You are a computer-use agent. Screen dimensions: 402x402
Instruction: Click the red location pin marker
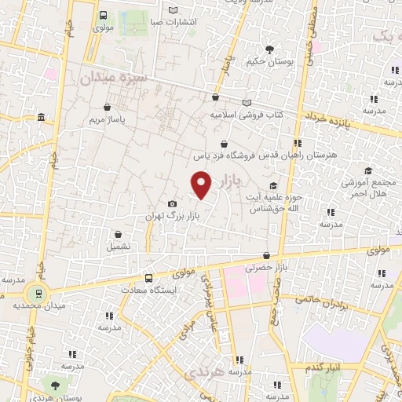(202, 185)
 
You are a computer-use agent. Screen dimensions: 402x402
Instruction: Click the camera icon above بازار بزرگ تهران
(173, 204)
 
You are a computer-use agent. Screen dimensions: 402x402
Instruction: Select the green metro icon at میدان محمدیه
(35, 294)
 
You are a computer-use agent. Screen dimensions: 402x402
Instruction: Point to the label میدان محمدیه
(35, 306)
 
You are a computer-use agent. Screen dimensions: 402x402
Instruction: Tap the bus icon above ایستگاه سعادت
(149, 278)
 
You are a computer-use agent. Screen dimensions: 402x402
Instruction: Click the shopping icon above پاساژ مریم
(106, 108)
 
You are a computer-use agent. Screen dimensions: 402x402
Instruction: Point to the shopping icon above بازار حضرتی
(267, 256)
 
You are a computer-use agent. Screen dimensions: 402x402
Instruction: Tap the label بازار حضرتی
(265, 268)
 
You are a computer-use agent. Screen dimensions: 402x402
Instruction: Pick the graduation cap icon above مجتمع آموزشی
(368, 170)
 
